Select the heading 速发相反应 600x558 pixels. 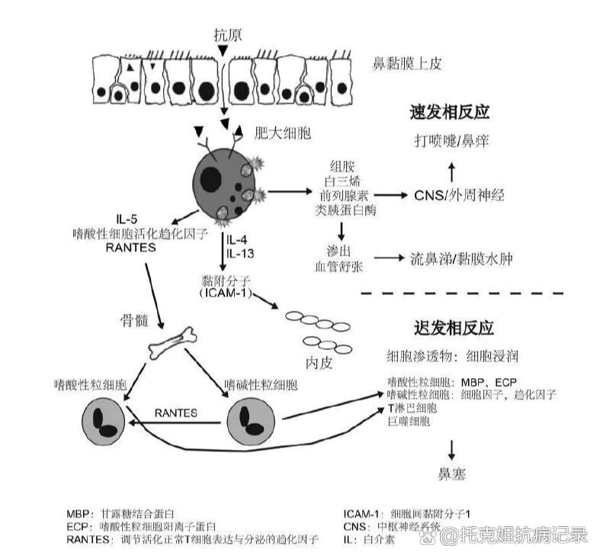(x=451, y=112)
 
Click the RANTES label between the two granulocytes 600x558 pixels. (x=176, y=412)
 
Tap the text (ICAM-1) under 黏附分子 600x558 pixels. (x=226, y=293)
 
